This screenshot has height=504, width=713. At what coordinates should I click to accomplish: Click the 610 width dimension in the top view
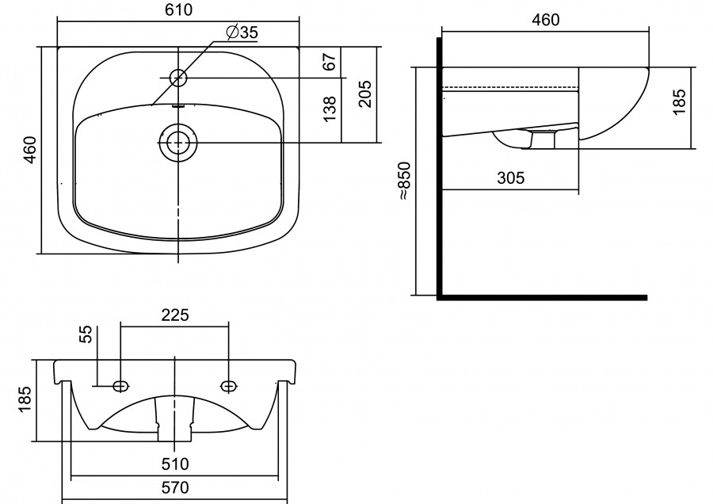pyautogui.click(x=181, y=10)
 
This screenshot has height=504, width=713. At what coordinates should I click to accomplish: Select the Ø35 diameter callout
pyautogui.click(x=241, y=32)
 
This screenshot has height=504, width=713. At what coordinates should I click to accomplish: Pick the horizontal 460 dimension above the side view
pyautogui.click(x=545, y=20)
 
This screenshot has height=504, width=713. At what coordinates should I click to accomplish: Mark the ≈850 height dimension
pyautogui.click(x=404, y=181)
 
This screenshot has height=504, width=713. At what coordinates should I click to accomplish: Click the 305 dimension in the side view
pyautogui.click(x=511, y=178)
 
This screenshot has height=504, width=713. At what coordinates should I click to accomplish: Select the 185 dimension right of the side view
pyautogui.click(x=680, y=103)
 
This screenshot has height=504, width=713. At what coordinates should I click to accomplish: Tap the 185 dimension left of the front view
pyautogui.click(x=24, y=399)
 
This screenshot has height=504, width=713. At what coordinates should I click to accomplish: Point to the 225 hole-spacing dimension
pyautogui.click(x=174, y=315)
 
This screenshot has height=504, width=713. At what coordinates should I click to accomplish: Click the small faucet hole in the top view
pyautogui.click(x=178, y=78)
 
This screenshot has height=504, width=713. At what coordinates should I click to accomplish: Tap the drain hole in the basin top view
pyautogui.click(x=178, y=143)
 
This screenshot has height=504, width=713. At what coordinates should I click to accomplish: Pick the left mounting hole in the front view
pyautogui.click(x=120, y=386)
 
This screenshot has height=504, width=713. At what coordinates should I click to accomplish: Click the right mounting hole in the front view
pyautogui.click(x=229, y=386)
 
